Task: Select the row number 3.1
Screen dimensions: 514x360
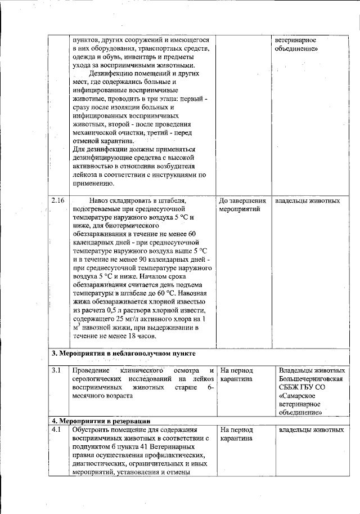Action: (x=56, y=371)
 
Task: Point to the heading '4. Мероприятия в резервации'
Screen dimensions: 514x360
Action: (x=101, y=421)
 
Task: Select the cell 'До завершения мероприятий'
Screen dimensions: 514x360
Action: (x=242, y=205)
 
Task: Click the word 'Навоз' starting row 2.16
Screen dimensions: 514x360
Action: (x=101, y=201)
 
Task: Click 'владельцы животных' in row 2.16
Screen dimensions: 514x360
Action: (x=307, y=201)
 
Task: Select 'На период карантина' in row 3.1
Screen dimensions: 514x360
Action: (x=237, y=375)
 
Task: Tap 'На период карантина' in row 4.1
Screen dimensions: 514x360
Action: (x=237, y=434)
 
